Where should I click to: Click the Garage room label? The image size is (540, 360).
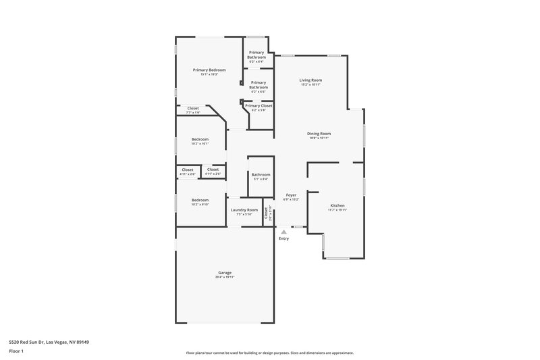pos(225,273)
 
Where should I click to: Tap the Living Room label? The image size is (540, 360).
pos(311,80)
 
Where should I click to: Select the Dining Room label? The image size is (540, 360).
pos(319,134)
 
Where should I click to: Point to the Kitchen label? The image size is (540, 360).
pos(337,205)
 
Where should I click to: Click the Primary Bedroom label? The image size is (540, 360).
pos(209,70)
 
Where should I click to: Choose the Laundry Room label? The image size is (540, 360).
pos(244,210)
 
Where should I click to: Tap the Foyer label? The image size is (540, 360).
pos(291,195)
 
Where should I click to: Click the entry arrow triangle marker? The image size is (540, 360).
pos(284,232)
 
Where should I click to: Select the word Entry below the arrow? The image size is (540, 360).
pos(284,238)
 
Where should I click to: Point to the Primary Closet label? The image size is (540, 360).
pos(259,105)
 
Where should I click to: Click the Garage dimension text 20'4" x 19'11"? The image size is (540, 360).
pos(225,277)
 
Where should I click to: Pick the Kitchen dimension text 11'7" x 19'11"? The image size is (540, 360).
pos(337,209)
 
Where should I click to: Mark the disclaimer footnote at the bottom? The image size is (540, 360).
pos(270,353)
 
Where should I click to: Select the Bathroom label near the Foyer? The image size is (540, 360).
pos(261,175)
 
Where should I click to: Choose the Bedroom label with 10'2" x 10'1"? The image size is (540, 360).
pos(200,139)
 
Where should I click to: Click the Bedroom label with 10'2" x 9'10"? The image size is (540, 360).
pos(200,200)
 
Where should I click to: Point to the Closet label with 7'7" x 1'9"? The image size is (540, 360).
pos(193,108)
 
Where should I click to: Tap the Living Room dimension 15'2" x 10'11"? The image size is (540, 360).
pos(311,84)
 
